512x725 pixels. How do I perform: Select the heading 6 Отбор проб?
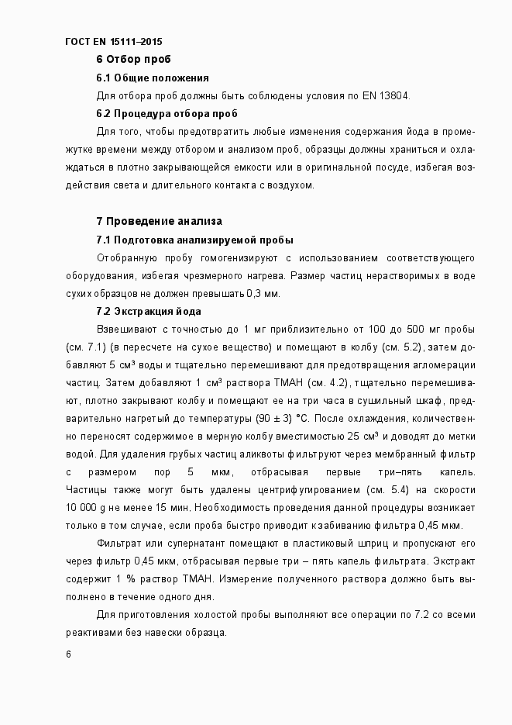133,60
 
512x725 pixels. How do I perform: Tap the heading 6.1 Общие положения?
153,78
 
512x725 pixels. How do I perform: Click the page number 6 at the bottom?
69,656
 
